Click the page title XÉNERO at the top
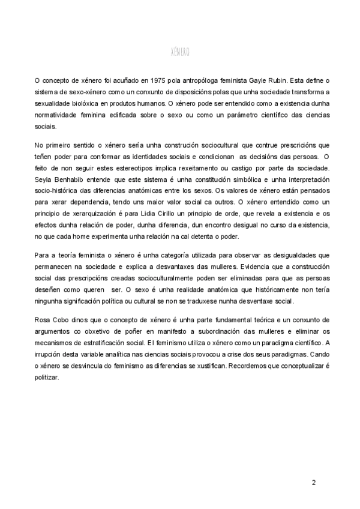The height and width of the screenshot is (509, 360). (180, 52)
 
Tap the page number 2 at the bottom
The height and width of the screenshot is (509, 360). (314, 483)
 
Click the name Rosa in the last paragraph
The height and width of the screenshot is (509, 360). (44, 322)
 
